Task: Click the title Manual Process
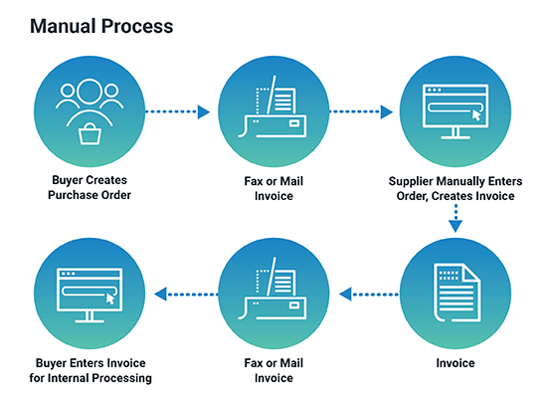101,26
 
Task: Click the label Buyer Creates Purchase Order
91,187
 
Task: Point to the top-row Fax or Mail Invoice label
273,187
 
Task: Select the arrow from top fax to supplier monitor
362,111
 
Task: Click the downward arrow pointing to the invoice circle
455,220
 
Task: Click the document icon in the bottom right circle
455,293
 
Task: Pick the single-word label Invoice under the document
455,363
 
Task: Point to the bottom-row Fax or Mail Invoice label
273,370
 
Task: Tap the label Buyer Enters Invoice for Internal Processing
90,370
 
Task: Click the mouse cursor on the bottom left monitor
110,298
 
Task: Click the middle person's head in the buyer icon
91,93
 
